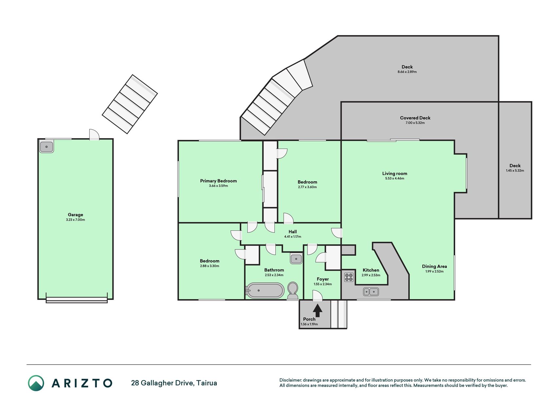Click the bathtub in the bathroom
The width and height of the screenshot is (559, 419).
[265, 290]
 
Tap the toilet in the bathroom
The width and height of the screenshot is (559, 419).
[293, 291]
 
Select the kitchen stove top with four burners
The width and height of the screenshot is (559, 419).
[349, 277]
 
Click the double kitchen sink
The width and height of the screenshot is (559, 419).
[371, 291]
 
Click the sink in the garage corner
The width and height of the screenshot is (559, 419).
[47, 147]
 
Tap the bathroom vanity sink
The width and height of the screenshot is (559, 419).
[296, 259]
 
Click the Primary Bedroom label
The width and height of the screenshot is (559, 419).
[218, 181]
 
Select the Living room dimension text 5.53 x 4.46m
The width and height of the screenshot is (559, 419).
[395, 178]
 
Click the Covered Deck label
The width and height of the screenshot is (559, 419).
[415, 118]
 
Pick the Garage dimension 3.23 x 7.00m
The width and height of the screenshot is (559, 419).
[75, 220]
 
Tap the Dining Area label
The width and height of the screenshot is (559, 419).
[434, 266]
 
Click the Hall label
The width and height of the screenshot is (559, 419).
[293, 232]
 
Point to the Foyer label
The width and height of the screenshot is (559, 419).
[323, 279]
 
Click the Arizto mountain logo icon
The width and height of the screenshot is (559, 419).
[36, 383]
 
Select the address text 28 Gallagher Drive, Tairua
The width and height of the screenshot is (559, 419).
[174, 383]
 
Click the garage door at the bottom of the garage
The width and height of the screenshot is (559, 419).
[77, 300]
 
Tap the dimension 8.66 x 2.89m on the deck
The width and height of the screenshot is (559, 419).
[407, 72]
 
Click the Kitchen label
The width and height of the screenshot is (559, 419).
[371, 270]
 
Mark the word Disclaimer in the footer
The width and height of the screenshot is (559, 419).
[290, 380]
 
